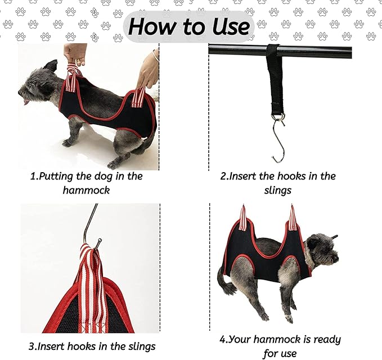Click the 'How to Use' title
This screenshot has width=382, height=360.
188,26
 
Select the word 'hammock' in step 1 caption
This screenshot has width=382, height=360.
86,190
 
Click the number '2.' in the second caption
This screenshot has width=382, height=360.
225,176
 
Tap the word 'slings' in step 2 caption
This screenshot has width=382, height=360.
278,190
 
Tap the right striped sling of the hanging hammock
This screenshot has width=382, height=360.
293,219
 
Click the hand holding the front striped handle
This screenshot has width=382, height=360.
75,54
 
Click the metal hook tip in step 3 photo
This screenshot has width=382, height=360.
99,242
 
